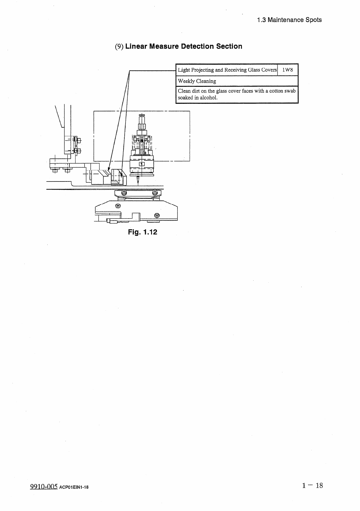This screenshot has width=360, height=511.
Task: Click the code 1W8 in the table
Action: click(288, 70)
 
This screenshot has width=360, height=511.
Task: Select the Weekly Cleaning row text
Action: click(197, 81)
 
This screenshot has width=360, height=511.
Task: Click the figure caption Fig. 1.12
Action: click(143, 232)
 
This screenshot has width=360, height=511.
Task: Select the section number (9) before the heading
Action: click(119, 46)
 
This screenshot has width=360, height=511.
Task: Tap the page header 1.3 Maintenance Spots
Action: click(289, 20)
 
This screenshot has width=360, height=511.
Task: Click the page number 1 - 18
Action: click(312, 486)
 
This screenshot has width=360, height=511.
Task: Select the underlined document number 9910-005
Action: click(44, 487)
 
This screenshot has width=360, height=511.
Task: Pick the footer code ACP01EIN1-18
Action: click(74, 488)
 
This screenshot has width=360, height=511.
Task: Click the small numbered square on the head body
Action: click(142, 164)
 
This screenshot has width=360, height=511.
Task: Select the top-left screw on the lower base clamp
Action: click(124, 192)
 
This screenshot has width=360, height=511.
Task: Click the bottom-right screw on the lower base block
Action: click(157, 216)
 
